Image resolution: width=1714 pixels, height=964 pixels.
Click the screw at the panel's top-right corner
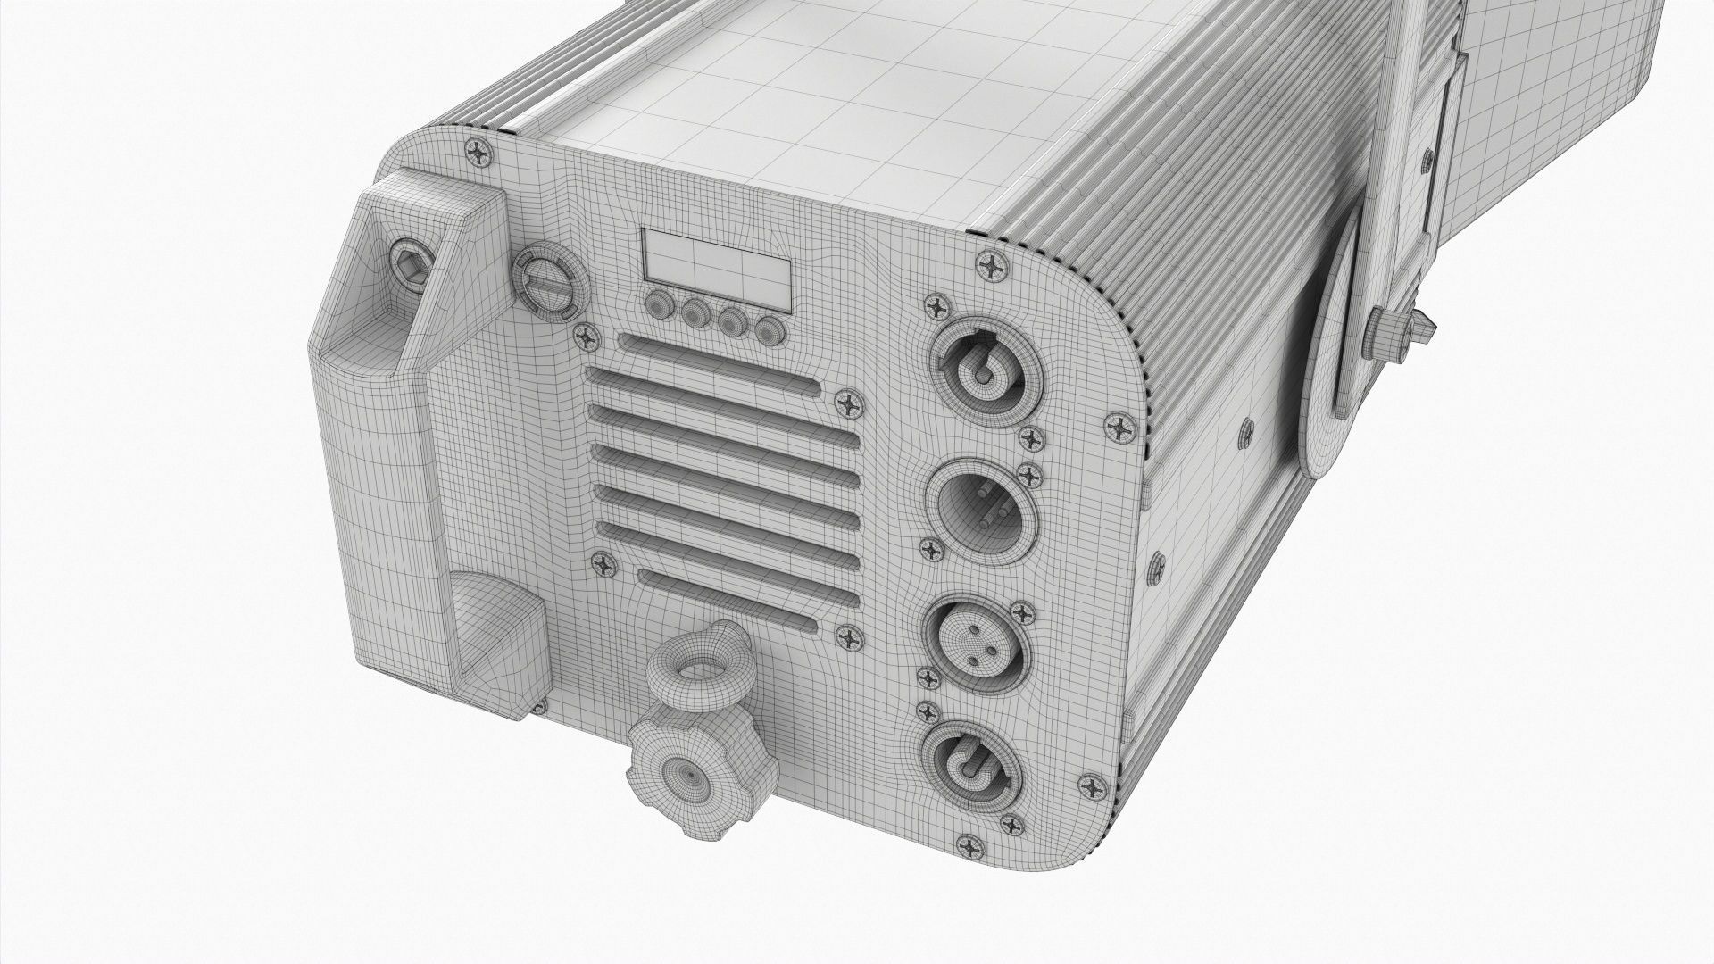[x=994, y=266]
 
